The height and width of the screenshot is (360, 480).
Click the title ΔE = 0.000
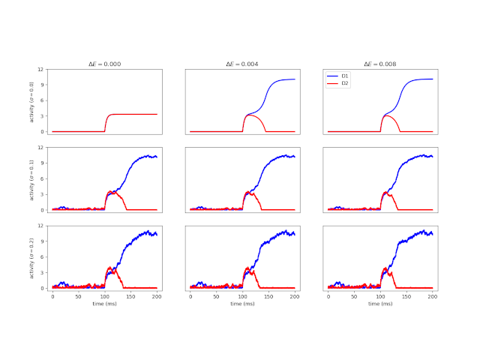click(x=104, y=64)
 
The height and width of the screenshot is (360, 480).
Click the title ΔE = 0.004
click(x=242, y=64)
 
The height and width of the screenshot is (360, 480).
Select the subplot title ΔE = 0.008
click(x=380, y=64)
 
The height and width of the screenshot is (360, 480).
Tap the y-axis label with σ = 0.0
click(x=31, y=101)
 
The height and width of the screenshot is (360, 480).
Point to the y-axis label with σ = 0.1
click(x=31, y=179)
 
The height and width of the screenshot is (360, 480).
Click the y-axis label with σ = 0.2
click(x=31, y=257)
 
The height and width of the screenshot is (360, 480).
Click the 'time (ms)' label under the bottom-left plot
click(x=104, y=304)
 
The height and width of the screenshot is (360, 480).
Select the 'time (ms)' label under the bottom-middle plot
click(x=242, y=304)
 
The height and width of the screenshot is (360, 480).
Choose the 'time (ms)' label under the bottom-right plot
click(x=380, y=304)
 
